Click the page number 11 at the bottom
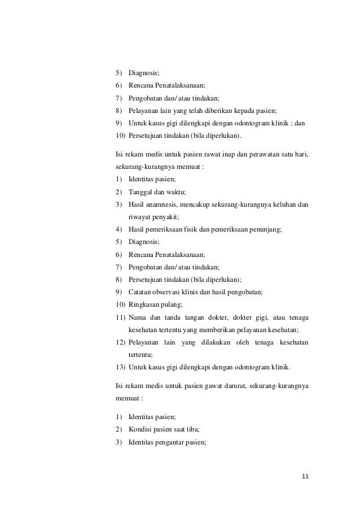coord(305,477)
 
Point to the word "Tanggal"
coord(140,192)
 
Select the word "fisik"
coord(193,229)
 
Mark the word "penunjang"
coord(267,229)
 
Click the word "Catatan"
coord(141,291)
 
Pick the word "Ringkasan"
coord(144,304)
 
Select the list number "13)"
coord(118,367)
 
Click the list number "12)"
coord(118,342)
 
